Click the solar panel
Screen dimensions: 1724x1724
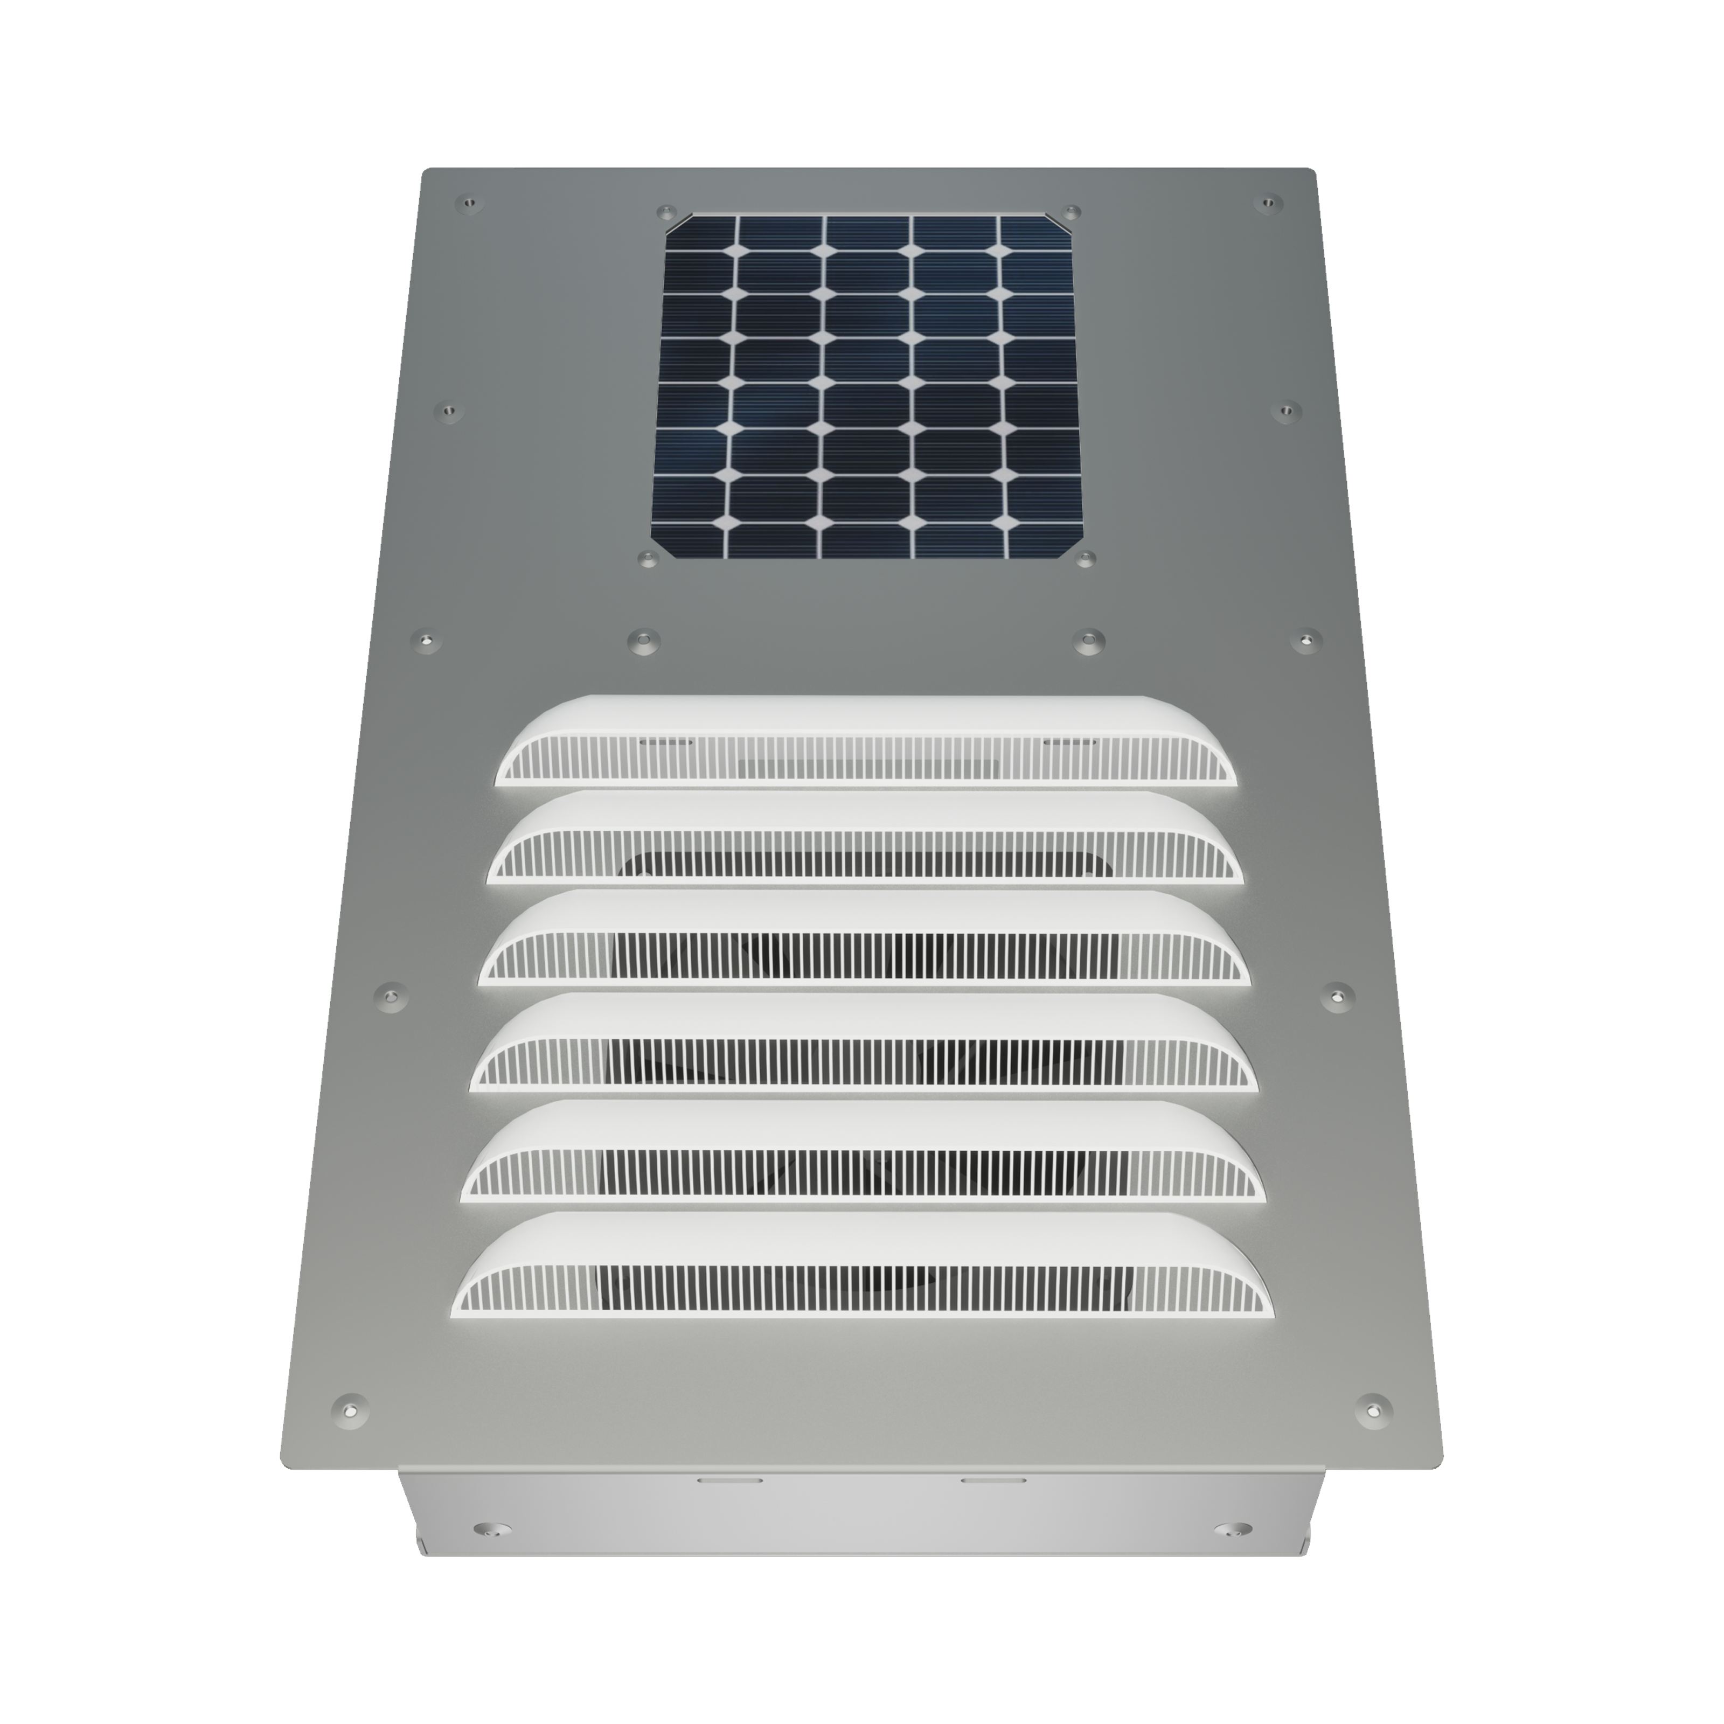(867, 386)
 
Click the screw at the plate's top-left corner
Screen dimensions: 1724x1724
(466, 204)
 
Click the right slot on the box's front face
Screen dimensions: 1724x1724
(992, 1479)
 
